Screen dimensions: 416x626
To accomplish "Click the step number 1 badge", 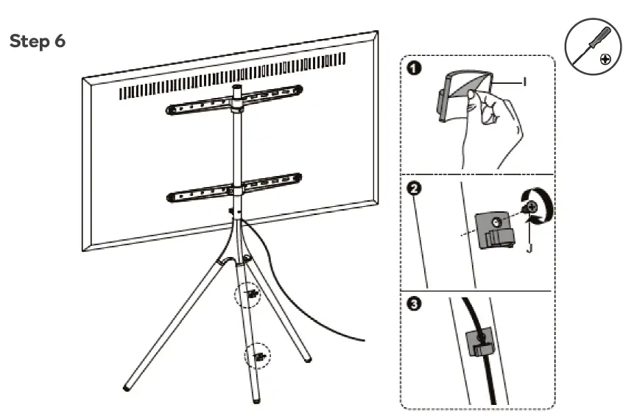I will point(416,68).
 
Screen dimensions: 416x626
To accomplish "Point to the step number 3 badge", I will point(417,305).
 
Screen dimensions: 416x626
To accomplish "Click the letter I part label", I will point(524,82).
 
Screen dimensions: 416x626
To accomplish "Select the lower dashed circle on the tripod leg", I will point(258,357).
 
